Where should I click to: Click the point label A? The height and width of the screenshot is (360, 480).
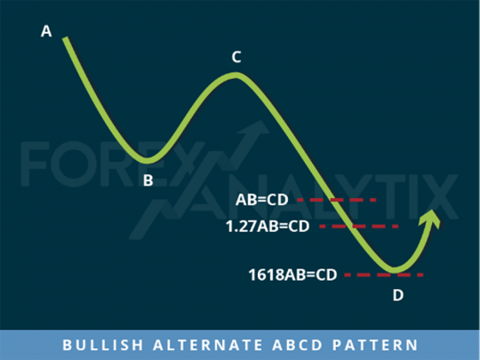point(47,32)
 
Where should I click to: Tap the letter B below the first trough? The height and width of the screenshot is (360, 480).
point(148,180)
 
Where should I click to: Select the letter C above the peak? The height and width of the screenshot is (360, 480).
point(236,58)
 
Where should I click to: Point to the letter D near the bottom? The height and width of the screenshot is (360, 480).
point(397,294)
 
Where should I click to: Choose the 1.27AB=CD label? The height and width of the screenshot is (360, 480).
point(267,227)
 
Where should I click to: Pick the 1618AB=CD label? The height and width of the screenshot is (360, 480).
point(292,276)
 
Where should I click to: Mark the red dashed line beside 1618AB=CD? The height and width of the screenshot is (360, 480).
point(383,276)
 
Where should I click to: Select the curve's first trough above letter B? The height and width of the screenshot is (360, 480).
point(148,160)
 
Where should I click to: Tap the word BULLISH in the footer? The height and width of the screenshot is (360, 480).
point(98,344)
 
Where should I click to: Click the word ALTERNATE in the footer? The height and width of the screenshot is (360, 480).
point(202,344)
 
